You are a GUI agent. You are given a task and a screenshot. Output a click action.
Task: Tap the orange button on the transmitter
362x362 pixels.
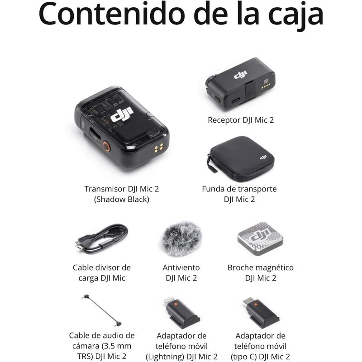pos(106,146)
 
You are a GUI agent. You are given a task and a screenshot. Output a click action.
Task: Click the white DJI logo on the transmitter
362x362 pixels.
pos(122,115)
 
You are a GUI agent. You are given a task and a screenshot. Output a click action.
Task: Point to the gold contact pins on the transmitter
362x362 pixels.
pos(159,148)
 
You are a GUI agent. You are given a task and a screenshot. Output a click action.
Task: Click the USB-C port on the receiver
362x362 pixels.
pos(236,100)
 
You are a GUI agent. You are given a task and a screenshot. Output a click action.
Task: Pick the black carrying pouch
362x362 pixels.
pos(242,158)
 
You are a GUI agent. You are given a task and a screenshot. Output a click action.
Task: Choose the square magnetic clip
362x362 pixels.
pos(260,237)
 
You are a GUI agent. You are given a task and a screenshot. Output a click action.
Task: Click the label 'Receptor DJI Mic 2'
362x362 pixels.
pos(241,120)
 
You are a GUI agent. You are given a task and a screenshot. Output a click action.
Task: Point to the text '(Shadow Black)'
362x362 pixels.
pos(121,200)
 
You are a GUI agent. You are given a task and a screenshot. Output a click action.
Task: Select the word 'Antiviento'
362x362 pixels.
pos(181,267)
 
